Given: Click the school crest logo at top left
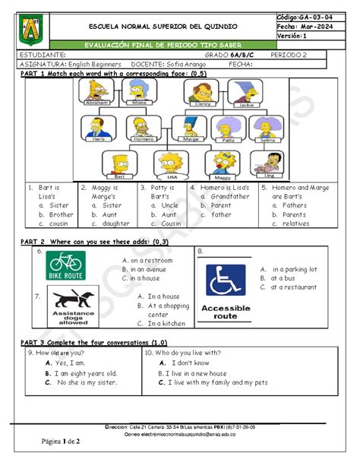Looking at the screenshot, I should point(30,28).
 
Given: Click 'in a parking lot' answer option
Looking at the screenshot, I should point(294,269).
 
